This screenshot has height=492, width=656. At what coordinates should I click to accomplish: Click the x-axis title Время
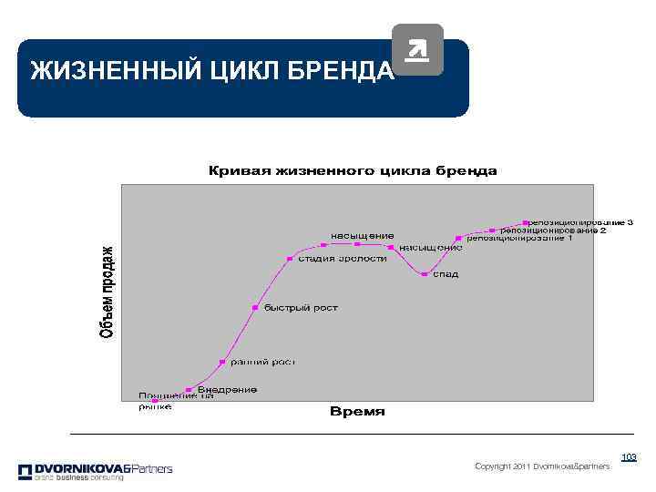pos(356,412)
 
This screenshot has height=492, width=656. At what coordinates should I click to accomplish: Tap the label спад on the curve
pos(445,274)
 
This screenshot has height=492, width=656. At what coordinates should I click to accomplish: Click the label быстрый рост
pos(301,308)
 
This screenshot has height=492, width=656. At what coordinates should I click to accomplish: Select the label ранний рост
pos(261,362)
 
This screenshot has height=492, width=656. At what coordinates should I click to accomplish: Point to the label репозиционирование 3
pos(581,222)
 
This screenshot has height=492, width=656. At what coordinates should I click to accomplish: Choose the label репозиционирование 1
pos(519,239)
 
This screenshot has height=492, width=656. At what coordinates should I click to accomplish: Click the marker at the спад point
pos(425,274)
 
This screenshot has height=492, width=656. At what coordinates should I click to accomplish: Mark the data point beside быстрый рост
pos(255,308)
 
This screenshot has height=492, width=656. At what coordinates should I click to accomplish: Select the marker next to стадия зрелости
pos(290,259)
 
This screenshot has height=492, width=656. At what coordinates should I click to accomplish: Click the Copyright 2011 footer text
pos(542,466)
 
